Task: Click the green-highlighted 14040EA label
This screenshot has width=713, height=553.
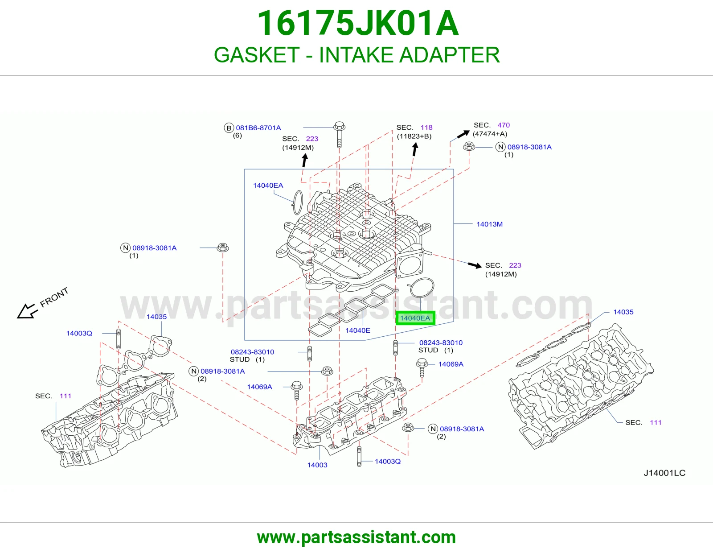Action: click(415, 318)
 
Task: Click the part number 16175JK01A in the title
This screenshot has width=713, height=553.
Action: click(358, 23)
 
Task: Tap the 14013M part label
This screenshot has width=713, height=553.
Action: click(490, 224)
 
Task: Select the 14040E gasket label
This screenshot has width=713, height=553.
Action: click(358, 330)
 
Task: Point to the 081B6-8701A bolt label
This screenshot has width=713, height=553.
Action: click(258, 128)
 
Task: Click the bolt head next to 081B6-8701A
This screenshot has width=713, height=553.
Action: click(339, 126)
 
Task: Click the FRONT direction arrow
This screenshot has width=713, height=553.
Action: click(26, 311)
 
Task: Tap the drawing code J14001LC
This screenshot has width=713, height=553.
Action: click(664, 473)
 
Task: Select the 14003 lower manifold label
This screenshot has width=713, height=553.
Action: click(317, 465)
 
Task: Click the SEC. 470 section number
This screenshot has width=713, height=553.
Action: click(504, 125)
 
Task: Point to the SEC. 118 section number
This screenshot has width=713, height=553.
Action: click(426, 128)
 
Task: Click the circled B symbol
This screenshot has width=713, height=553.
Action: click(229, 128)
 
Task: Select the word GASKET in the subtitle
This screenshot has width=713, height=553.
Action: click(257, 55)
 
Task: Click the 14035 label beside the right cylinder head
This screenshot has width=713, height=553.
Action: click(623, 312)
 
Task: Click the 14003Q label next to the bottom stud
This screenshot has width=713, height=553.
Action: click(388, 462)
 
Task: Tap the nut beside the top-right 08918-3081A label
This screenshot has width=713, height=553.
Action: click(469, 146)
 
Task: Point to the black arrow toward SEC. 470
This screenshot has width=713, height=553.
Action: click(463, 134)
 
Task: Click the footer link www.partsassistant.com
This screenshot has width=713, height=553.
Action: click(356, 537)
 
